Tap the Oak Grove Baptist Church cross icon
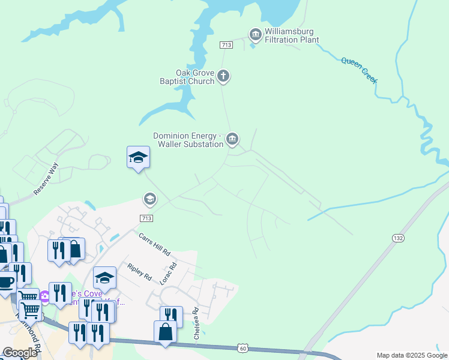(223, 76)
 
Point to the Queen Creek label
(359, 69)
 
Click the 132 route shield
(398, 238)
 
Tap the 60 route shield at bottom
(243, 347)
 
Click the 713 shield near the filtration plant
(226, 45)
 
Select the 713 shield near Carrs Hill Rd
(147, 218)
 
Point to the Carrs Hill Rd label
(155, 244)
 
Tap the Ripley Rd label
(139, 271)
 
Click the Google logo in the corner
(20, 353)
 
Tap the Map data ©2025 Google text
(412, 355)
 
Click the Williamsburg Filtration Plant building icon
(255, 35)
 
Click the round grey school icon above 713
(149, 199)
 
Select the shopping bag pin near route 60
(165, 332)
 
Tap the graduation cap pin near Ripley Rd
(104, 278)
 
